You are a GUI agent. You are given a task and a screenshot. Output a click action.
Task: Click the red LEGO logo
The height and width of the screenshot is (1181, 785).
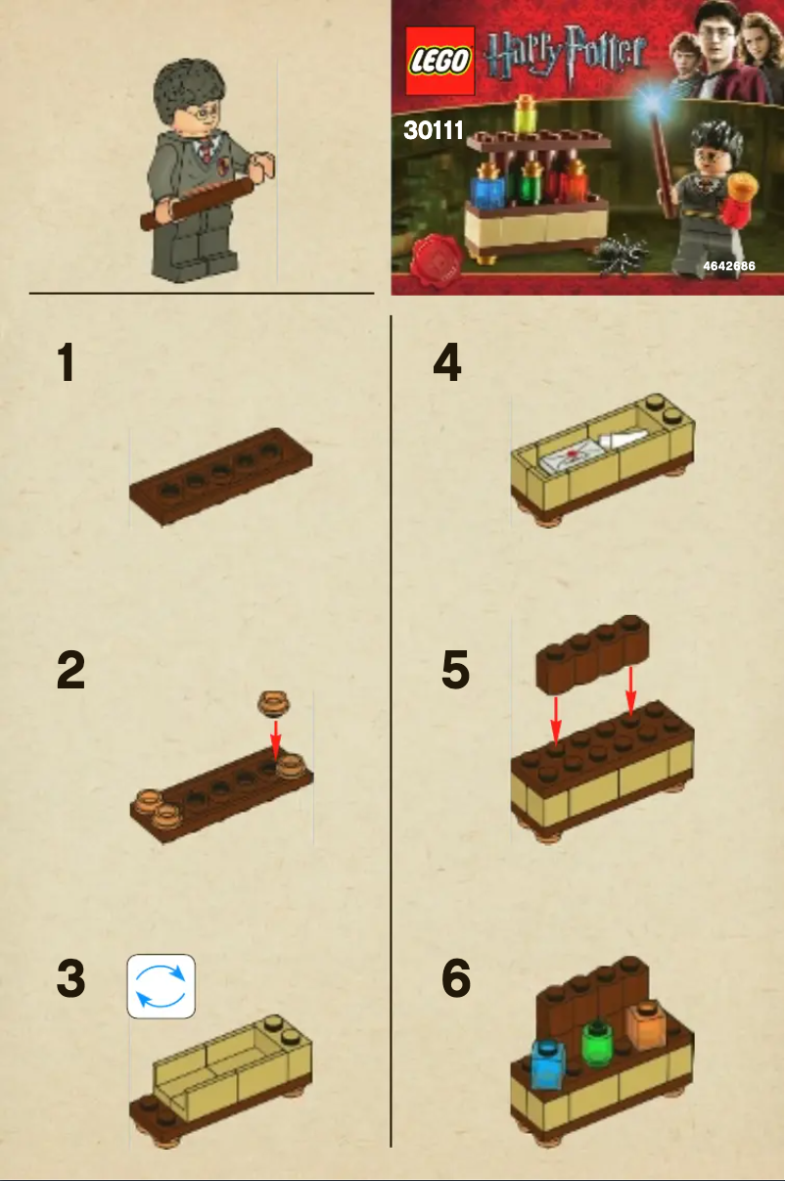(x=440, y=61)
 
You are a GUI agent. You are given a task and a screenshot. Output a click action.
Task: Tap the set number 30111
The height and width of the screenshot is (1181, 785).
(x=433, y=131)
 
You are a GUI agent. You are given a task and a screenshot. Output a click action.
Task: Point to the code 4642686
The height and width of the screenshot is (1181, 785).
(x=728, y=266)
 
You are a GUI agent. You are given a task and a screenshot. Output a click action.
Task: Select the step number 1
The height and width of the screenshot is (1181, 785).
(x=66, y=363)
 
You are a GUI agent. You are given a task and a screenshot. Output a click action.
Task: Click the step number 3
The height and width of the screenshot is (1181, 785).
(x=69, y=980)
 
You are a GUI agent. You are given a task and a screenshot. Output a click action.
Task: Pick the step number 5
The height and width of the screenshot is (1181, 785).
(x=455, y=672)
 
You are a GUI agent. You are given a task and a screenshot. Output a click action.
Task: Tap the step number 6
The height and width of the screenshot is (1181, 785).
(x=456, y=980)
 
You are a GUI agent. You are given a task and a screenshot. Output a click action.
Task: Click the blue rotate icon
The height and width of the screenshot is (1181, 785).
(x=162, y=986)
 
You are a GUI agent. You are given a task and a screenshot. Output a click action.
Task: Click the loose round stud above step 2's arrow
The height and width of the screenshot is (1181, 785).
(x=274, y=702)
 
